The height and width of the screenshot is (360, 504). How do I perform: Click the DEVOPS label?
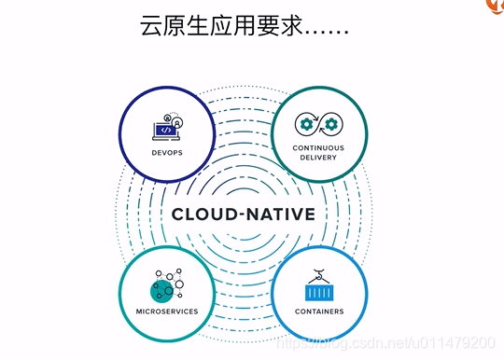[x=166, y=152]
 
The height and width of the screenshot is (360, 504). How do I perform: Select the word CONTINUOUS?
[x=318, y=147]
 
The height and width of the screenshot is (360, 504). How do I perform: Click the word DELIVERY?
[x=318, y=158]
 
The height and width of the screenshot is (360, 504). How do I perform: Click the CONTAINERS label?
[x=318, y=311]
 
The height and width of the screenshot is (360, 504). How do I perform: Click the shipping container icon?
[x=318, y=287]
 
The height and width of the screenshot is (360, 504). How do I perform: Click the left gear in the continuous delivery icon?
[x=306, y=124]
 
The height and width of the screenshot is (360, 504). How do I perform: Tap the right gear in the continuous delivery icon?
[x=330, y=124]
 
